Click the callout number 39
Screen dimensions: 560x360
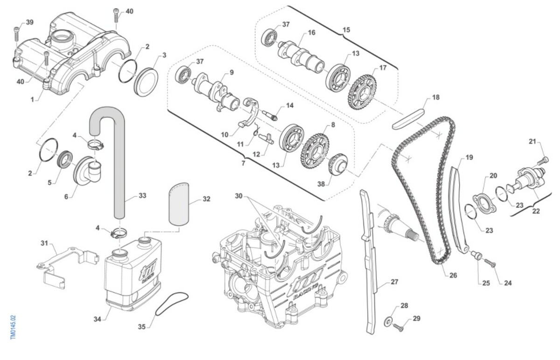point(29,22)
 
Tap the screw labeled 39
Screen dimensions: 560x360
point(16,34)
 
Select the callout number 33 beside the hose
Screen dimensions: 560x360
point(142,195)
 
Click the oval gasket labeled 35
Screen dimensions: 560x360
point(172,304)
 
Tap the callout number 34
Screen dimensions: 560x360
point(98,319)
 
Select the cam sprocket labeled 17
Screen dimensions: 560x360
point(362,93)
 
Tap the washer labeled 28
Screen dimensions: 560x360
point(388,323)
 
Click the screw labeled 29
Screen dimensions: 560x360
point(398,327)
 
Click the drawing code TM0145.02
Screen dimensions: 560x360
point(13,327)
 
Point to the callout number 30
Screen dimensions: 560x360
point(239,196)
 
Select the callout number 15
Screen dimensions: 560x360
point(346,30)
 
